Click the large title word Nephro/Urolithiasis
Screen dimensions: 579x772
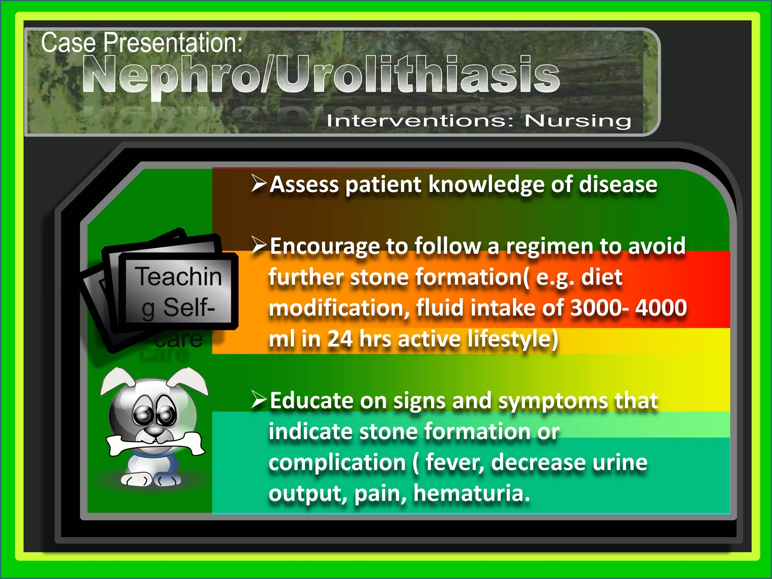click(320, 74)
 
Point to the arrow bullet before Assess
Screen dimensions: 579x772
click(259, 184)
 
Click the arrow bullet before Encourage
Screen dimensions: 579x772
click(259, 245)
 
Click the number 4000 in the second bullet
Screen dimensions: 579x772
click(661, 308)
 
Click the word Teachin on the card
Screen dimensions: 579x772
click(179, 276)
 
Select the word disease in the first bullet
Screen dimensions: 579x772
click(618, 184)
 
